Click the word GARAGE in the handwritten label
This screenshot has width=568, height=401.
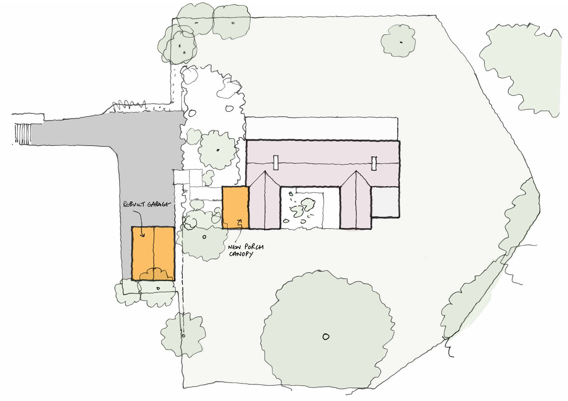coord(158,204)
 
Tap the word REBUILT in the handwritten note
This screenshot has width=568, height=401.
coord(134,204)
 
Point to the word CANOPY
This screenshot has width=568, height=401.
coord(241,254)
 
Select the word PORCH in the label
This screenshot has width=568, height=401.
coord(254,247)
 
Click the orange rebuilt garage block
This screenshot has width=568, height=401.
coord(153,253)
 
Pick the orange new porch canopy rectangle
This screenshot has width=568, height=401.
coord(235,207)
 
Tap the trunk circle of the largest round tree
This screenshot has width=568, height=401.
coord(326,337)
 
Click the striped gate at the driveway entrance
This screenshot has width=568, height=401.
coord(23,134)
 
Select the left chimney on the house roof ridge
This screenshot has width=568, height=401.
coord(276,163)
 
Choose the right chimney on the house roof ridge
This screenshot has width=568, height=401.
coord(374,163)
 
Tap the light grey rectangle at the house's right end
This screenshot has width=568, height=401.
coord(385,202)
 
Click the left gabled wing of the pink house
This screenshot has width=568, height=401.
coord(264,200)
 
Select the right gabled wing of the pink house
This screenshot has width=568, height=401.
coord(356,200)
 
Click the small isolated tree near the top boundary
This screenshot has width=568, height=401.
coord(398,41)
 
